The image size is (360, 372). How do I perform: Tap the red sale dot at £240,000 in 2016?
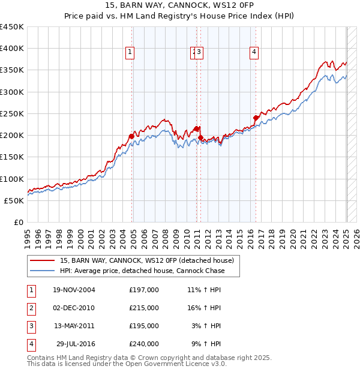pyautogui.click(x=256, y=118)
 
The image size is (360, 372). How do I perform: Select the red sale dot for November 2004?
pyautogui.click(x=131, y=136)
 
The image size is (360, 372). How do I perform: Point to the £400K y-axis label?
pyautogui.click(x=12, y=49)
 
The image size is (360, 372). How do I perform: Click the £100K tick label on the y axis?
pyautogui.click(x=12, y=179)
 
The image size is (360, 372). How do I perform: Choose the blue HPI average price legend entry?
pyautogui.click(x=142, y=271)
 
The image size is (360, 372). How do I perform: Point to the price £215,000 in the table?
pyautogui.click(x=143, y=308)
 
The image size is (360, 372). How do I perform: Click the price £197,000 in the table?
pyautogui.click(x=143, y=290)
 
